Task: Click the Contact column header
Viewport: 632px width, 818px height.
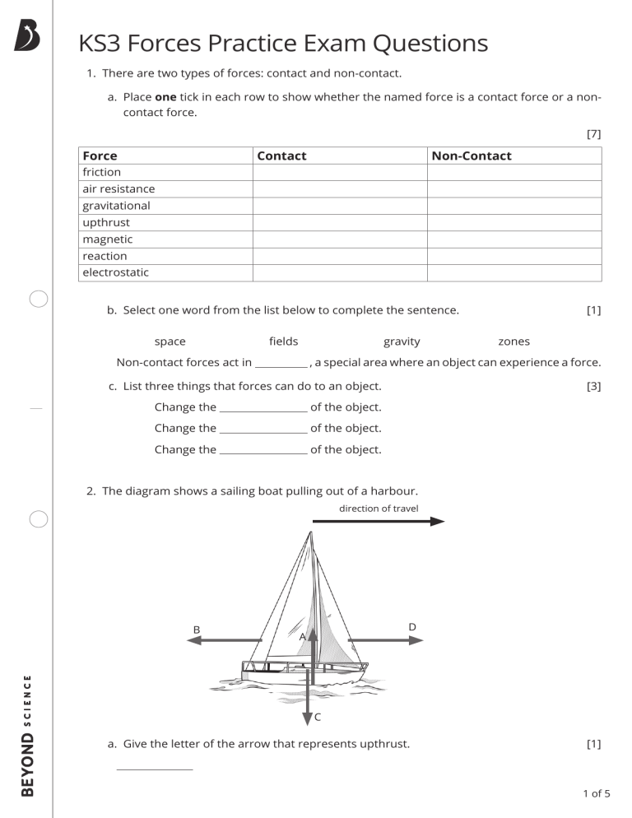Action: point(281,156)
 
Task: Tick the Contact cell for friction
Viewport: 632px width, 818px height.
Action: point(339,172)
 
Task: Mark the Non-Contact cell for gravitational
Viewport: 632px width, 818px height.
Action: point(513,206)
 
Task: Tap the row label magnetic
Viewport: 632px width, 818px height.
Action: point(107,239)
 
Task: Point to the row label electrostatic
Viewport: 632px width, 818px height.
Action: point(115,272)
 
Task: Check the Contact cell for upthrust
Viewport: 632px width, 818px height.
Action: point(339,222)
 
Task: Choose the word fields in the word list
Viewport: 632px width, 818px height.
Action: point(283,342)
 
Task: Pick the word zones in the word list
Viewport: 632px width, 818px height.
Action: point(513,342)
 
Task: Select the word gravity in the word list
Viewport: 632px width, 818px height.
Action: point(402,342)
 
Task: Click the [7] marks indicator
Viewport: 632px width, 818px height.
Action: point(593,134)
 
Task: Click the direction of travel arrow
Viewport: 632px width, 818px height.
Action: point(379,521)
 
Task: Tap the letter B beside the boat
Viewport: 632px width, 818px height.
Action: point(197,630)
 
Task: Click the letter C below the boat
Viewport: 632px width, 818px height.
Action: point(318,718)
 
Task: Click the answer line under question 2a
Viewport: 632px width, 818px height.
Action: point(155,769)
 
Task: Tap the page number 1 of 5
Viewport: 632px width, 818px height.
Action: point(596,793)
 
